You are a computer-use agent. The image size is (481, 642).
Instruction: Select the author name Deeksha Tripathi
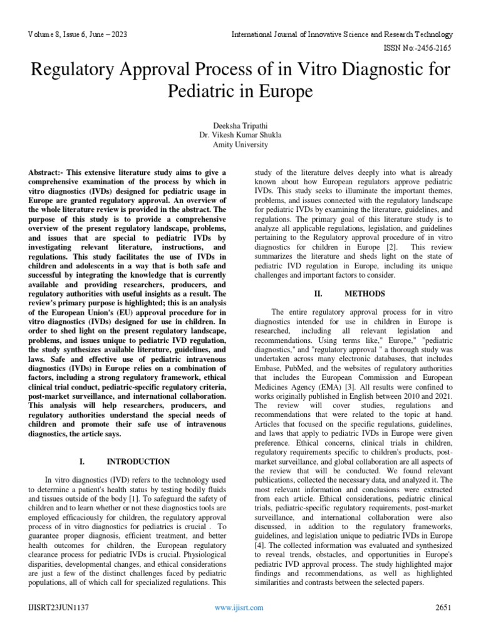tap(240, 125)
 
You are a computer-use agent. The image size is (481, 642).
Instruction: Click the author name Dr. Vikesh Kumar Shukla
tap(240, 135)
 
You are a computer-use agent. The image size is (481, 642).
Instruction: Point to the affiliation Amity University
tap(240, 145)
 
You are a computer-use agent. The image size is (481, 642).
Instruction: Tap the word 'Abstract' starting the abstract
tap(45, 172)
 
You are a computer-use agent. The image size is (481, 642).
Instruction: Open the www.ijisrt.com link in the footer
tap(239, 608)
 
